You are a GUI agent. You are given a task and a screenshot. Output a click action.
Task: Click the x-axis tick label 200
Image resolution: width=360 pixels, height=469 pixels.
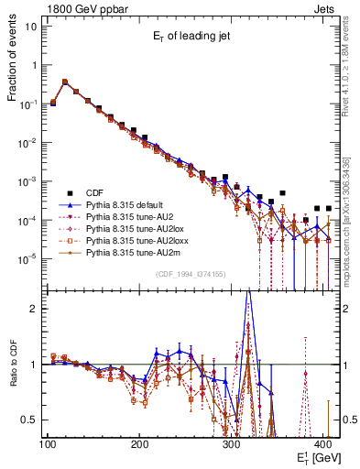point(140,444)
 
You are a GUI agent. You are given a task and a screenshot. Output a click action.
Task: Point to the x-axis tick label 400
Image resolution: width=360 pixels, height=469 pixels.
point(325,444)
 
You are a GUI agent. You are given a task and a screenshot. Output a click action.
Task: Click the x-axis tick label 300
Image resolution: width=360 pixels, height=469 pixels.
point(233,444)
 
